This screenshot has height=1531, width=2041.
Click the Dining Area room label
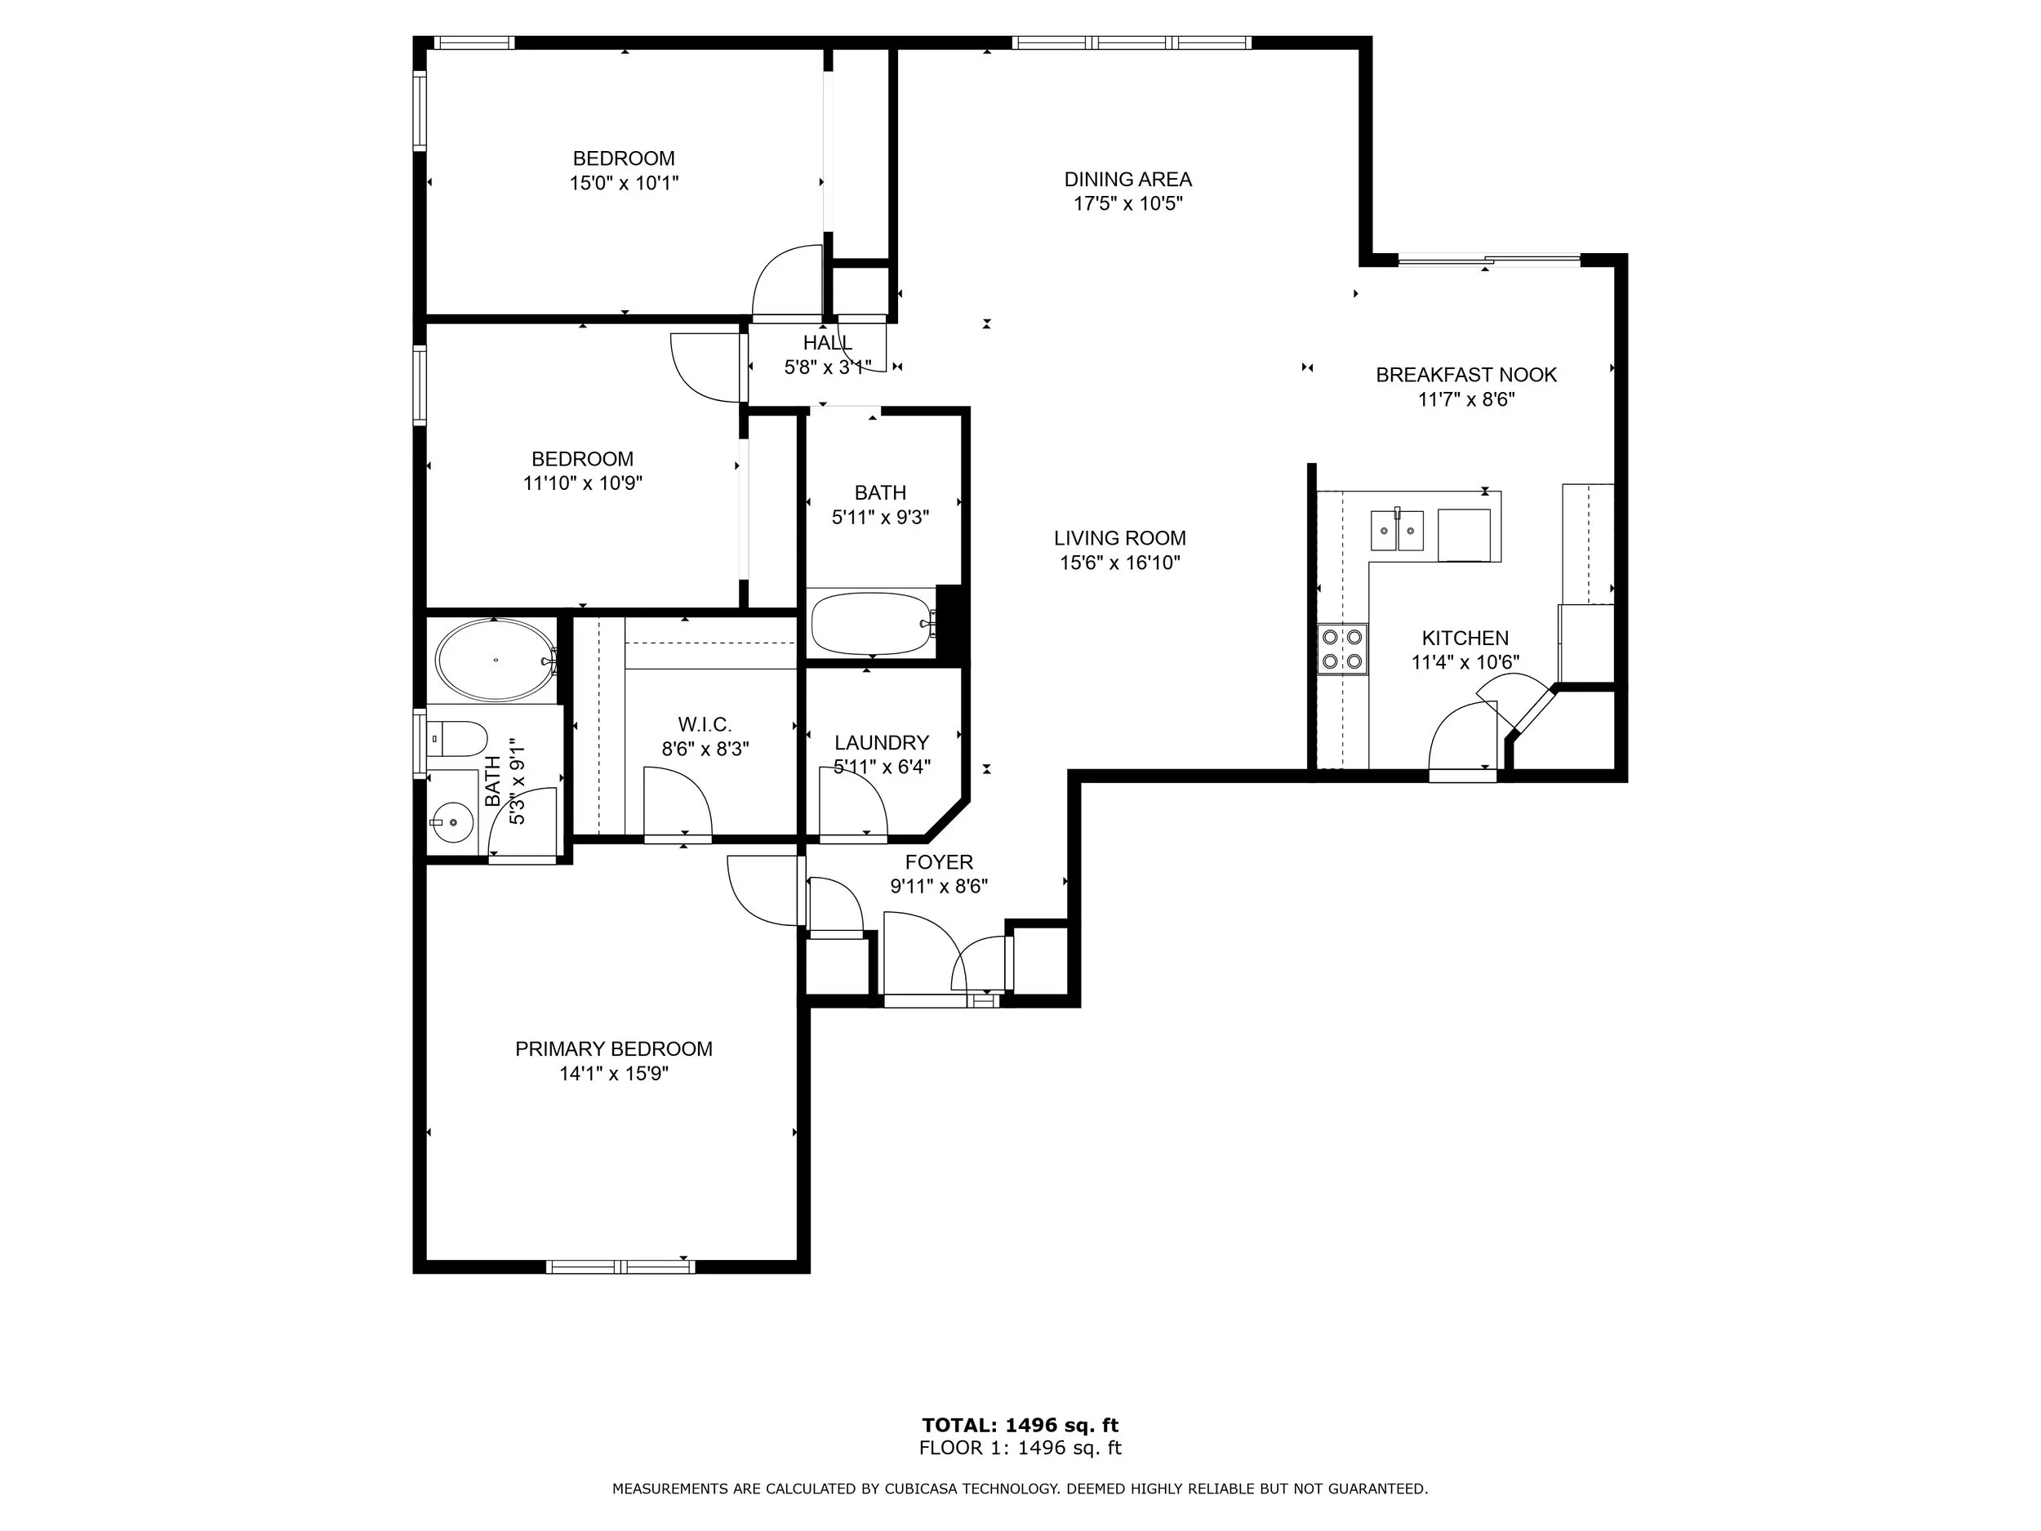1127,179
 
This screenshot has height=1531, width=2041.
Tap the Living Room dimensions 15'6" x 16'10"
1119,563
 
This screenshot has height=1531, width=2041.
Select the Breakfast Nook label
1466,375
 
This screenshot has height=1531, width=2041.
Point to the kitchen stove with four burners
1342,649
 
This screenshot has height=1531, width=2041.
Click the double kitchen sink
1397,530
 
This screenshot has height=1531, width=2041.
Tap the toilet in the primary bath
458,738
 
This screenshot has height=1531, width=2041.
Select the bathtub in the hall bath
872,624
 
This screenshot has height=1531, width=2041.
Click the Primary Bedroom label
614,1048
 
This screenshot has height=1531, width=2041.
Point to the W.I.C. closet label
704,724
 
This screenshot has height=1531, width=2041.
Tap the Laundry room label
881,743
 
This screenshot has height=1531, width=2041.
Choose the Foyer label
940,862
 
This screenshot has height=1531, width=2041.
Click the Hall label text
828,342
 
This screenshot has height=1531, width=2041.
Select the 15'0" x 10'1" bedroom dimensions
624,183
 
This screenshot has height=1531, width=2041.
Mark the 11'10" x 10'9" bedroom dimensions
582,483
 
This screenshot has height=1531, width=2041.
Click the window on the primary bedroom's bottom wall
620,1266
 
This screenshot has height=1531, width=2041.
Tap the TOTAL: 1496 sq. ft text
1020,1425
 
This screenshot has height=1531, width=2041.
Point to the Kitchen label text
1465,638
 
